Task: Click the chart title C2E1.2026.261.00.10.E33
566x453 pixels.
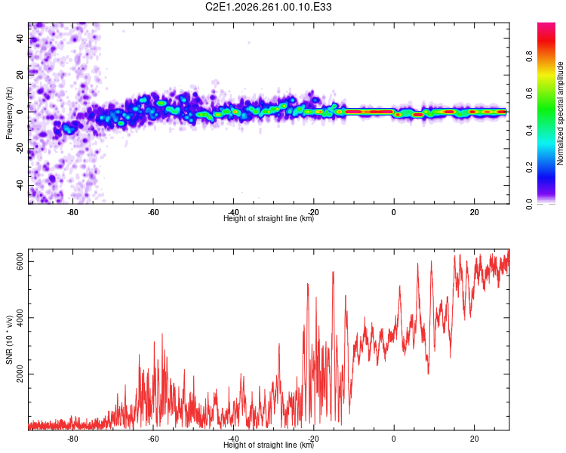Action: tap(268, 7)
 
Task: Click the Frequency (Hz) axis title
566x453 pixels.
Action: tap(9, 113)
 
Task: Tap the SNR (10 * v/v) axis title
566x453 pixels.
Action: tap(9, 340)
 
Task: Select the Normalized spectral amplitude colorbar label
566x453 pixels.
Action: tap(560, 113)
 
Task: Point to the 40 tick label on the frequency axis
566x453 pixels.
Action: tap(20, 38)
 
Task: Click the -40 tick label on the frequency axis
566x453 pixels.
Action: tap(20, 186)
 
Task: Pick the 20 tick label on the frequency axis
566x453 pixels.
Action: tap(20, 75)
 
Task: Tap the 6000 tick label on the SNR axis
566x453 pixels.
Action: tap(20, 261)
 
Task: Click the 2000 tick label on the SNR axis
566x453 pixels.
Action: tap(20, 374)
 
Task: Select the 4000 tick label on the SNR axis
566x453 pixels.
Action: tap(20, 318)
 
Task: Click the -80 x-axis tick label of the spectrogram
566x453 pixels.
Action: tap(72, 212)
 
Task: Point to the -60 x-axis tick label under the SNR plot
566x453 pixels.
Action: tap(153, 439)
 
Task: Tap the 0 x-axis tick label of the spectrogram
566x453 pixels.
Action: tap(394, 212)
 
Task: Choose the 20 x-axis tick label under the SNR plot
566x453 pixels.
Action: tap(475, 439)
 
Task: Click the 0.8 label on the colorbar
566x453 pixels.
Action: tap(529, 57)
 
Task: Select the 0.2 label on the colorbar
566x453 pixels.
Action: tap(529, 168)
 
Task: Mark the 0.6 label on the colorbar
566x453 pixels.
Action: tap(529, 93)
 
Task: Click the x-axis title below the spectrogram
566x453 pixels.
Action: tap(269, 218)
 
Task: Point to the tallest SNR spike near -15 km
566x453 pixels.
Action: tap(333, 272)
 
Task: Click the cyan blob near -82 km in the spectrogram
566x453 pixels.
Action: tap(68, 128)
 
